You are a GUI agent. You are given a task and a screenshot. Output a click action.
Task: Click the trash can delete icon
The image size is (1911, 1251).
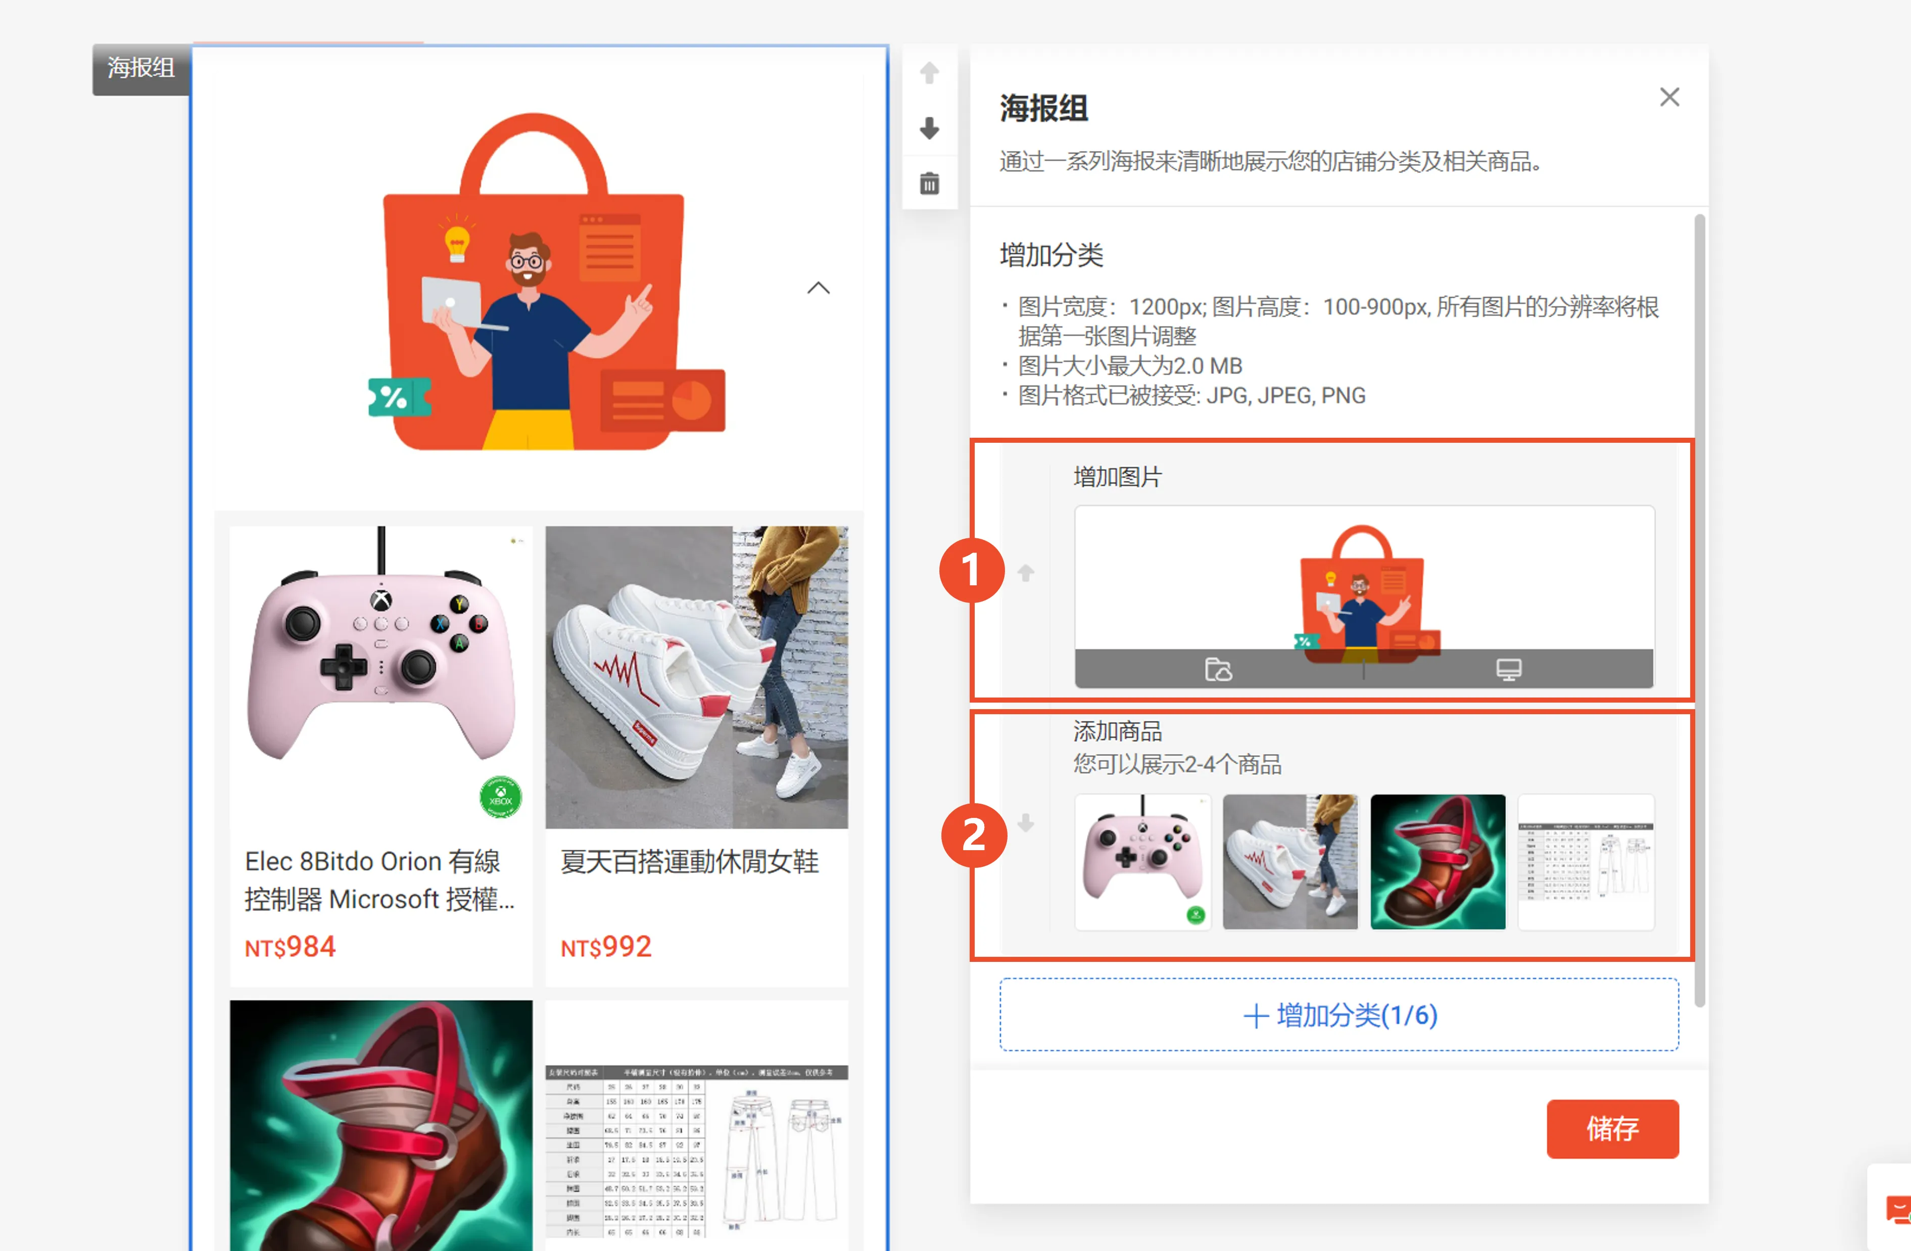click(929, 184)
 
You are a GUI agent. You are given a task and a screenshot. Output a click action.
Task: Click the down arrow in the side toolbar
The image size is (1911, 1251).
click(929, 128)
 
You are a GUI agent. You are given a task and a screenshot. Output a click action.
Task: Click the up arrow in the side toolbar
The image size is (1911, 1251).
click(929, 73)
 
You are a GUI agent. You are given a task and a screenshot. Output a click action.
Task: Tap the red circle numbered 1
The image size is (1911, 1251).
click(972, 570)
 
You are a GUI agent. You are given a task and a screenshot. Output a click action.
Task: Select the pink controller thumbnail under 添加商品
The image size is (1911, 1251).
click(1142, 862)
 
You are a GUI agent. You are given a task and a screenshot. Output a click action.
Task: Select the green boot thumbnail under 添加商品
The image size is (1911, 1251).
click(1437, 862)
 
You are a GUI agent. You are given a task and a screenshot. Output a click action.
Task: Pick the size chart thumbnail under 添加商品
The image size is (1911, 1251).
click(1586, 862)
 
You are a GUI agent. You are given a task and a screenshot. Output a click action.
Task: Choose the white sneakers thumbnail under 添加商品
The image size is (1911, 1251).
click(1289, 862)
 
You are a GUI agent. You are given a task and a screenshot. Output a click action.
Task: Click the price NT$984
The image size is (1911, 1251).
click(290, 947)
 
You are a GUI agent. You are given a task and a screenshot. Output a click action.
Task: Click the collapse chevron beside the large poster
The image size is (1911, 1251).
click(818, 288)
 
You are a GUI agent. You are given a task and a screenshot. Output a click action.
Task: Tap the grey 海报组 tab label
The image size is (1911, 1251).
click(141, 68)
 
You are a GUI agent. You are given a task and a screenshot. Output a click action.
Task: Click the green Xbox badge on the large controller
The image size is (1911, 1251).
click(500, 797)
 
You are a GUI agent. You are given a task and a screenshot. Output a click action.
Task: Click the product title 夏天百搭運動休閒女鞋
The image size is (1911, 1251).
click(689, 862)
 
